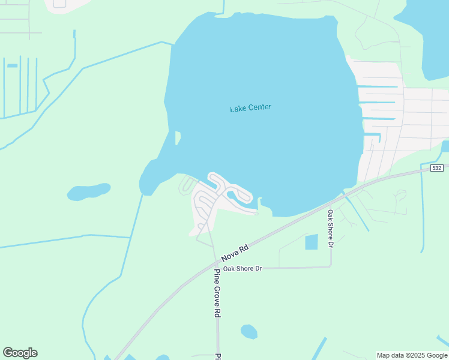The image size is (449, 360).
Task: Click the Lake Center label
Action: coord(251,108)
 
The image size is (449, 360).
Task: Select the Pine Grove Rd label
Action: coord(217,293)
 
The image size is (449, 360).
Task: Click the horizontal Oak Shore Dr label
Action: coord(243,269)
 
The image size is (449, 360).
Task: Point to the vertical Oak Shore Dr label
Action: coord(330,228)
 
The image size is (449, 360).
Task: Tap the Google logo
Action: coord(20,353)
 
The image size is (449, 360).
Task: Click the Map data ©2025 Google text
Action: coord(412,355)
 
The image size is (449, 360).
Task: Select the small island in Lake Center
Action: coord(178,138)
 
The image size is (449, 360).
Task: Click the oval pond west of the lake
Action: coord(88,191)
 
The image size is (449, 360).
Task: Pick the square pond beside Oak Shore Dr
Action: coord(312,242)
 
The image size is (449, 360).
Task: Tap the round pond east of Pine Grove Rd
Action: coord(249,331)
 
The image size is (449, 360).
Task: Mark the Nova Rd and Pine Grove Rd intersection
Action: coord(216,262)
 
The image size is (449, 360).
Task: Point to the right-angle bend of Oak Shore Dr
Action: coord(331,266)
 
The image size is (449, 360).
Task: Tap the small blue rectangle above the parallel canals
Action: coord(12,65)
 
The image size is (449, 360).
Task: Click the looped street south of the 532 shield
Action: coord(401,195)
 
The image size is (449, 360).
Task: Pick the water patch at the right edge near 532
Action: coord(445,146)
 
